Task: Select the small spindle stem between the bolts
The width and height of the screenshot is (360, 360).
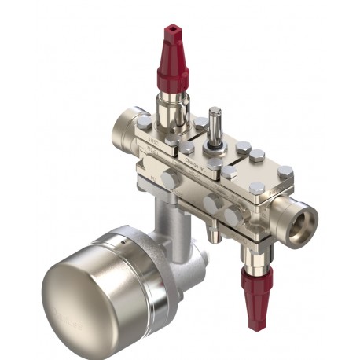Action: (x=212, y=122)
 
